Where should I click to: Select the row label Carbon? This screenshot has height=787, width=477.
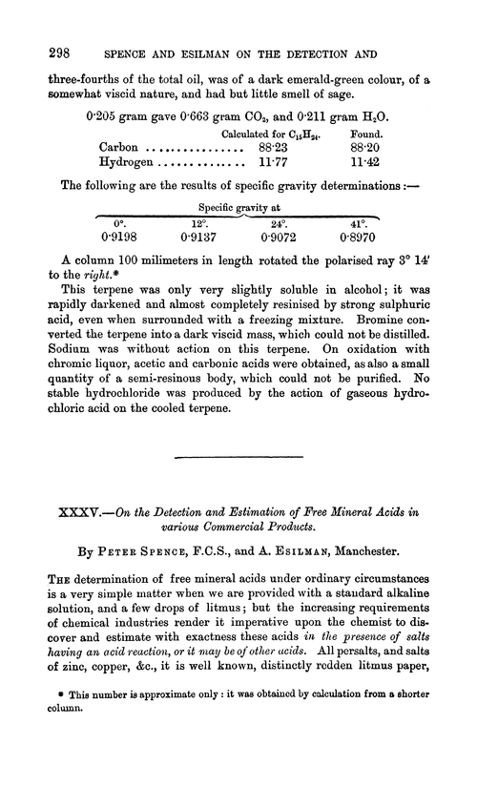click(121, 148)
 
